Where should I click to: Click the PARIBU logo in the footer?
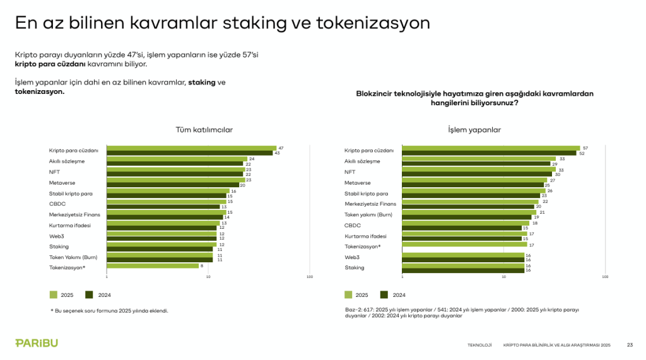coord(37,343)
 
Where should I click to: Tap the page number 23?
coord(630,345)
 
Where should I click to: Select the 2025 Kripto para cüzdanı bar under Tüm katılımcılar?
coord(191,148)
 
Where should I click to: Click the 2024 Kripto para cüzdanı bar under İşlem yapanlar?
coord(489,153)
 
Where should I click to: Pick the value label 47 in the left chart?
coord(281,148)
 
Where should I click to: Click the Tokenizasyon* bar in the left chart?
coord(153,265)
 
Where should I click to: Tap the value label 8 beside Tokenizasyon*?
coord(201,265)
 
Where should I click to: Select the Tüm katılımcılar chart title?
coord(204,129)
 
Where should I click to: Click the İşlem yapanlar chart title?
coord(474,129)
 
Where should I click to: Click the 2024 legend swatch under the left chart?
coord(89,294)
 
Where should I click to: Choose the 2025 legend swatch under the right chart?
coord(348,294)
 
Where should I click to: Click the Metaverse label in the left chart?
coord(62,182)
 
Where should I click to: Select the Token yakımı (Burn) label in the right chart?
coord(369,214)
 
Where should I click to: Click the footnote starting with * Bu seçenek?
coord(109,310)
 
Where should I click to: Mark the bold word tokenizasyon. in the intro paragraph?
coord(39,91)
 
